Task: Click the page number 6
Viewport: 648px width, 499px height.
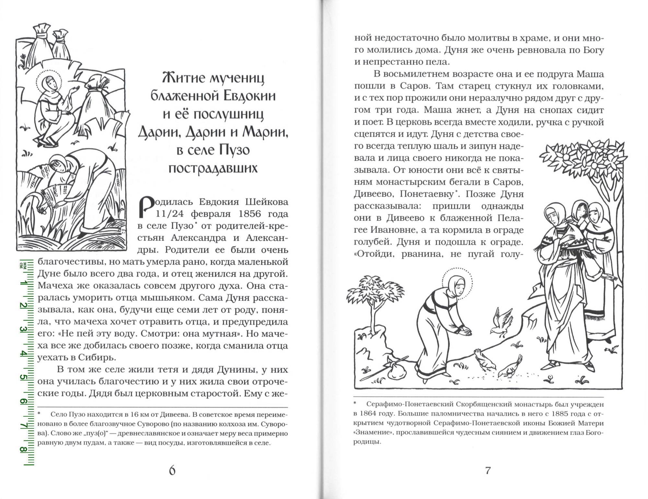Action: pyautogui.click(x=172, y=470)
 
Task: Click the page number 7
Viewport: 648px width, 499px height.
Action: pyautogui.click(x=488, y=470)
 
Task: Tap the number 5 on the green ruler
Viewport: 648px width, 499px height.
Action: pyautogui.click(x=23, y=377)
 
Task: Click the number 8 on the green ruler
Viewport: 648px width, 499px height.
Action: pyautogui.click(x=23, y=450)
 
